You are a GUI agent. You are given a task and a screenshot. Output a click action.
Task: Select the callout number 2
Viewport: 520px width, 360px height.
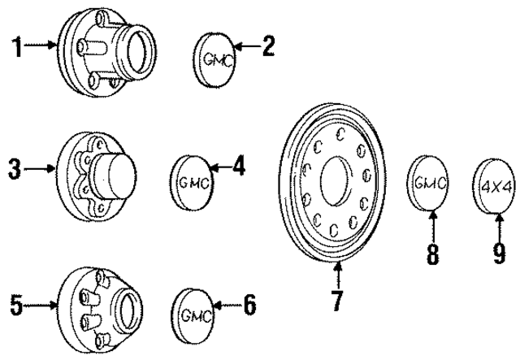click(x=267, y=47)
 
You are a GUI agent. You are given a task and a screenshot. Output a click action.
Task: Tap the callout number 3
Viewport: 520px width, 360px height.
click(x=14, y=170)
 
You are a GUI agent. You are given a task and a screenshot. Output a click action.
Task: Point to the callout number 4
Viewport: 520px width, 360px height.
click(x=238, y=168)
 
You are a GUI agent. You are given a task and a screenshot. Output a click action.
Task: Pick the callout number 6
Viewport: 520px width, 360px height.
click(x=249, y=306)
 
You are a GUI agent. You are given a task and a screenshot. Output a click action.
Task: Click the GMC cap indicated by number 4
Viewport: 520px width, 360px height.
click(x=192, y=182)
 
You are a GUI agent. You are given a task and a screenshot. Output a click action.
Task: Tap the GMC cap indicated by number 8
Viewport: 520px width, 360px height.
click(x=428, y=184)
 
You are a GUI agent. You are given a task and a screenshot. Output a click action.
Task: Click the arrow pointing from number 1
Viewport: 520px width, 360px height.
click(x=41, y=48)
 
